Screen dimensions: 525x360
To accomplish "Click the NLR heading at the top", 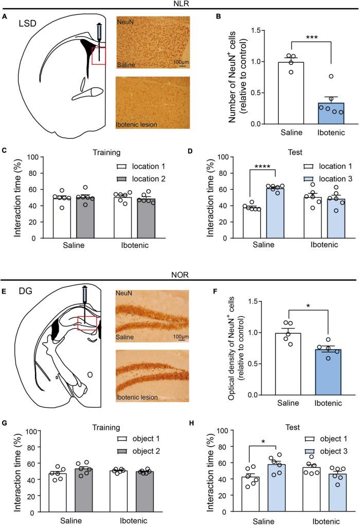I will (x=179, y=4).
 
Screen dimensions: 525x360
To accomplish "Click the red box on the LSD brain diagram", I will (x=98, y=55).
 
